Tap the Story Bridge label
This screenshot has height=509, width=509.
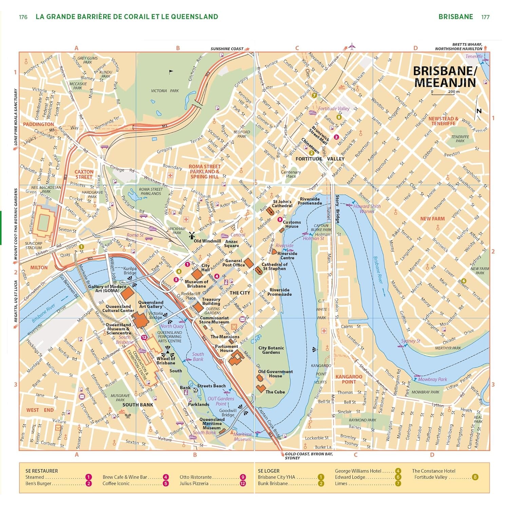[x=337, y=209]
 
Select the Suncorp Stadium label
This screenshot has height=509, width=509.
[x=34, y=245]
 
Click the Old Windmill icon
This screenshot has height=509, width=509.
[x=191, y=235]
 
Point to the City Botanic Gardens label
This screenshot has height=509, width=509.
[x=271, y=350]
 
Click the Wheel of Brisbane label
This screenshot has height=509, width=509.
[x=166, y=360]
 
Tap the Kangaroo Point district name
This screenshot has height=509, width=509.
[x=349, y=379]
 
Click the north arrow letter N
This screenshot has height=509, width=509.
[x=479, y=111]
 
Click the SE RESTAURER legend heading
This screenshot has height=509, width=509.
[x=42, y=471]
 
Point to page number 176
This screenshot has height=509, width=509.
[x=23, y=17]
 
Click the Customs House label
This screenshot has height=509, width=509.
[x=291, y=224]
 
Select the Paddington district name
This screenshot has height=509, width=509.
[x=38, y=124]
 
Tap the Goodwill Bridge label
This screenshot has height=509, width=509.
[x=228, y=413]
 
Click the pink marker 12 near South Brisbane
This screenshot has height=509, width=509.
[x=144, y=337]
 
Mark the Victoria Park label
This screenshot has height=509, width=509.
[x=165, y=91]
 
